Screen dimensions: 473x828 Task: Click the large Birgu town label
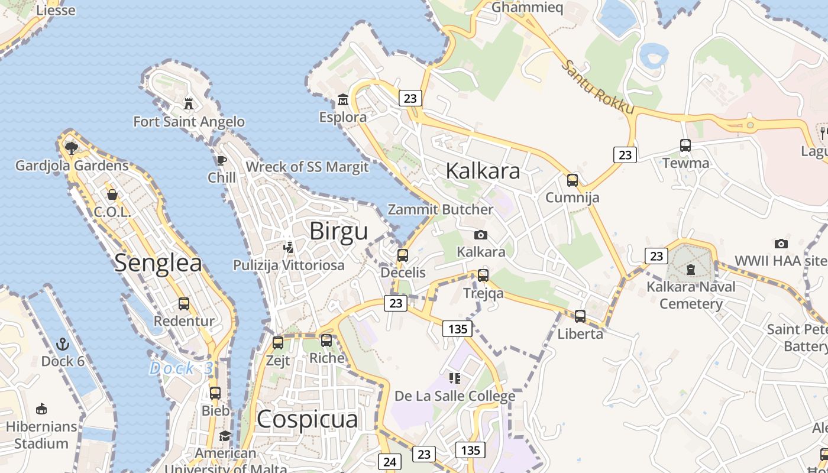click(x=339, y=231)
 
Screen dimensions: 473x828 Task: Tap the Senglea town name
click(x=158, y=263)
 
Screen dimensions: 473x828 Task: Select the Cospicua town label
click(x=308, y=419)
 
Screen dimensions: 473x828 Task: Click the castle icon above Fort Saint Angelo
click(x=189, y=104)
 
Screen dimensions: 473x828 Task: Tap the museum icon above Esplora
click(x=342, y=99)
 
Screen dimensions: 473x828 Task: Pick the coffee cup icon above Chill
click(x=222, y=160)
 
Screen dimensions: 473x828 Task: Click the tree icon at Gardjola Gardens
click(x=72, y=148)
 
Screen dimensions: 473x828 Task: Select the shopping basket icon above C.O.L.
click(x=112, y=195)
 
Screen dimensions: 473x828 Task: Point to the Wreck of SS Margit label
click(x=307, y=167)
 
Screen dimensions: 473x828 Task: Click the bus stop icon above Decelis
click(x=403, y=255)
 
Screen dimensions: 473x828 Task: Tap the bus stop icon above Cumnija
click(x=572, y=180)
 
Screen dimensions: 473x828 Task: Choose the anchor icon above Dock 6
click(x=63, y=344)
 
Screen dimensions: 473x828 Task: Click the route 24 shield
click(x=390, y=462)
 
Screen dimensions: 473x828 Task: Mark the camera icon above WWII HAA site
click(x=781, y=244)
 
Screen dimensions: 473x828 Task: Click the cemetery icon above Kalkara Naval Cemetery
click(x=690, y=270)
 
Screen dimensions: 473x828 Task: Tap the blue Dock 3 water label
click(x=181, y=368)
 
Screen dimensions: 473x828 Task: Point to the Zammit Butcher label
click(x=440, y=209)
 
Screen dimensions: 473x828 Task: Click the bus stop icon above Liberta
click(x=580, y=316)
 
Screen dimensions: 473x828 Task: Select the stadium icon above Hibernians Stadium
click(x=41, y=409)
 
